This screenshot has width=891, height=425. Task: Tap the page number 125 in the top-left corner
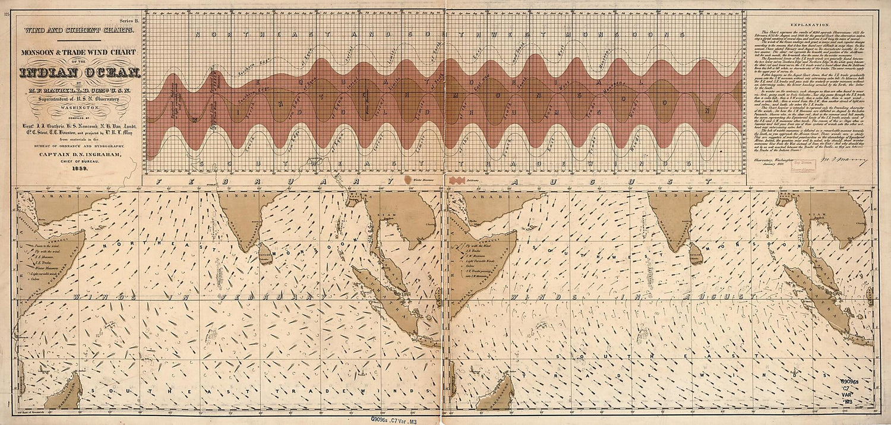pyautogui.click(x=7, y=16)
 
